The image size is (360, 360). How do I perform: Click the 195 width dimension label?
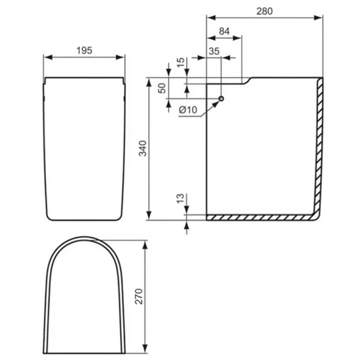pos(84,50)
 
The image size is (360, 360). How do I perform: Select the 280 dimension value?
pos(264,12)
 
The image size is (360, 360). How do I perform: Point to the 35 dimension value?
pos(214,51)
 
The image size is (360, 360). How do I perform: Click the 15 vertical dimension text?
pos(180,62)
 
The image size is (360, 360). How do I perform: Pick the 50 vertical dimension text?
pos(162,88)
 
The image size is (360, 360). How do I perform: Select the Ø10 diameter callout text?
pos(188,110)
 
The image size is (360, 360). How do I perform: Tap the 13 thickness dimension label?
pos(180,199)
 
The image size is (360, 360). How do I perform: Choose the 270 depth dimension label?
pos(139,298)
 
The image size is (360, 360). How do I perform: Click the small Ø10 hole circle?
pos(221,98)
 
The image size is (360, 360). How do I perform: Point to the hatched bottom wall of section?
pos(259,217)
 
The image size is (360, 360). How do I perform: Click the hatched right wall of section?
pos(319,144)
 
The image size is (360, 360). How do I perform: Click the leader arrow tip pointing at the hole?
pos(218,102)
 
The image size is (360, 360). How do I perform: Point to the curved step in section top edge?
pos(247,81)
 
